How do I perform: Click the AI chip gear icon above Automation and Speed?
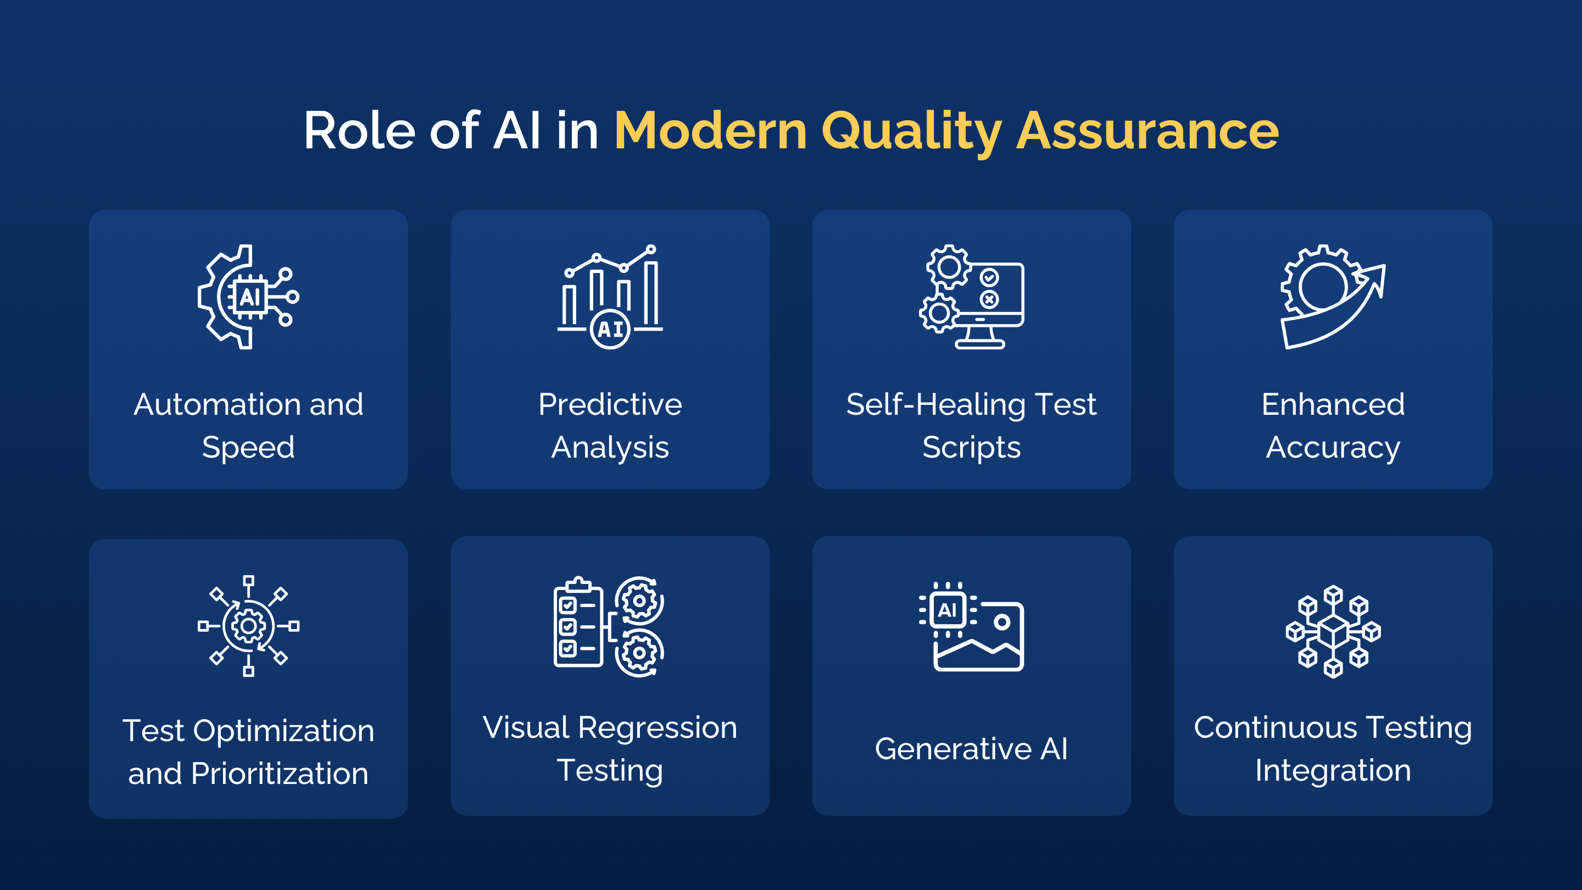[x=248, y=297]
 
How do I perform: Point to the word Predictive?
[x=610, y=405]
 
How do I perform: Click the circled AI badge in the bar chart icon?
[x=610, y=330]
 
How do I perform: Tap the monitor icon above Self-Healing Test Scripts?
[x=989, y=304]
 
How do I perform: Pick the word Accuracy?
[x=1333, y=447]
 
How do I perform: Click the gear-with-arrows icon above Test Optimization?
[x=248, y=626]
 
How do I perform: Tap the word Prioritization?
[x=280, y=774]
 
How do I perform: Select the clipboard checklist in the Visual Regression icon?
[x=578, y=623]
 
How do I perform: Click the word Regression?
[x=657, y=728]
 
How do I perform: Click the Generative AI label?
[x=971, y=749]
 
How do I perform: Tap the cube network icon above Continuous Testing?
[x=1333, y=631]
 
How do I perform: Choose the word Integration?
[x=1333, y=770]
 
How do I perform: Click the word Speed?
[x=248, y=447]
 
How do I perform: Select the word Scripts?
[x=971, y=447]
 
